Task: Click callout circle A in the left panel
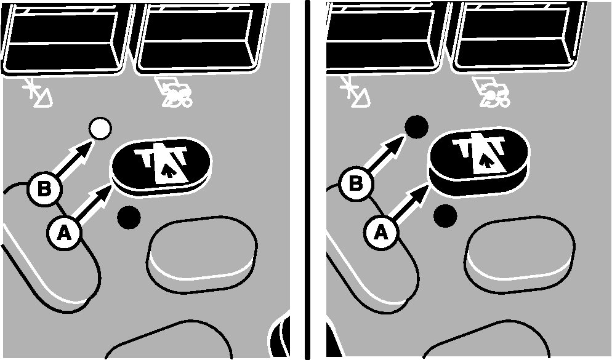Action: [x=65, y=233]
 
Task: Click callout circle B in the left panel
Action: [x=44, y=190]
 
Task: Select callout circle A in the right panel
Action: [x=381, y=233]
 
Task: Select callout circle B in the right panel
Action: [x=356, y=183]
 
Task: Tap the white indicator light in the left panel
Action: [x=100, y=129]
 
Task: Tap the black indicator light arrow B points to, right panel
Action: [x=416, y=127]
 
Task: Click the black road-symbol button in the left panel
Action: [x=161, y=167]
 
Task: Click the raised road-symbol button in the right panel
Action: [x=478, y=161]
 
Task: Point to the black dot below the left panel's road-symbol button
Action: [x=129, y=217]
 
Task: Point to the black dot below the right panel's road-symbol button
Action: [x=445, y=215]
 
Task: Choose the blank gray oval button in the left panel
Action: [x=202, y=254]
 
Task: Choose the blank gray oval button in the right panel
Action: [x=520, y=254]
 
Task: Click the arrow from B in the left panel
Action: [x=74, y=159]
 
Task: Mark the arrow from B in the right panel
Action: [x=385, y=153]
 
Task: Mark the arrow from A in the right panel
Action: [x=411, y=202]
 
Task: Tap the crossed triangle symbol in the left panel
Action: [x=37, y=92]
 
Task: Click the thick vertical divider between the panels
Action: [x=308, y=180]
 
